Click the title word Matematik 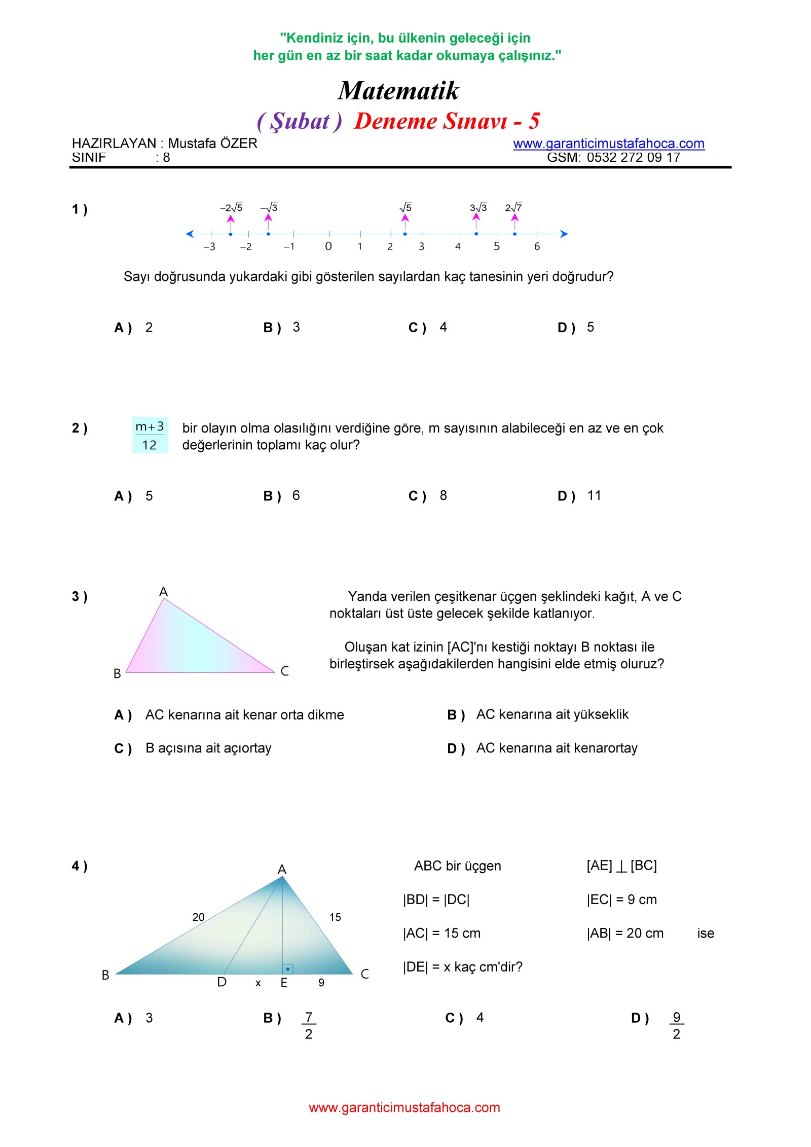[x=398, y=91]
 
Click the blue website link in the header [x=608, y=144]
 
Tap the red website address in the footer [x=404, y=1107]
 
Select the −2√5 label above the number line [x=231, y=207]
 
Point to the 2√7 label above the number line [x=513, y=207]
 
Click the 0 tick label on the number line [x=328, y=246]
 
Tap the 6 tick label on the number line [x=537, y=247]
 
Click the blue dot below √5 [x=405, y=234]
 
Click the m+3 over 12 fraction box [x=150, y=435]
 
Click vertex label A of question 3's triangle [x=163, y=592]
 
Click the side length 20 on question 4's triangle [x=198, y=917]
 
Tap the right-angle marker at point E [x=287, y=969]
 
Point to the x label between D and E [x=258, y=983]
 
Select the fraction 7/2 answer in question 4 [x=309, y=1025]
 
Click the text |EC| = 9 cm [x=621, y=900]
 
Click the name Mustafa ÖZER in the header [x=212, y=144]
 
